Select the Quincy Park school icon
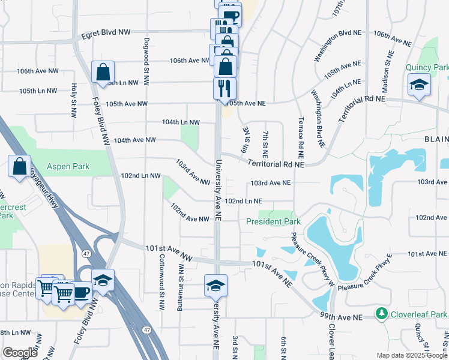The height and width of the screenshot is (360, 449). [x=419, y=85]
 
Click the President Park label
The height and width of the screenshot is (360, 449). [x=273, y=222]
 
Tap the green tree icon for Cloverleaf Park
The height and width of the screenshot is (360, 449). [x=380, y=313]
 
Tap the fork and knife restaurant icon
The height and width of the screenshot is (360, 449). [x=224, y=88]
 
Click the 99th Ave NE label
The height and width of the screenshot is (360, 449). [x=342, y=317]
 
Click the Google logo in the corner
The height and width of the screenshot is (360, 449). [x=20, y=353]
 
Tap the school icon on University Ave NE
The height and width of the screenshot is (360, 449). [x=215, y=285]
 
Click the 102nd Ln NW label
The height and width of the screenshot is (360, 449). [x=140, y=176]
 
